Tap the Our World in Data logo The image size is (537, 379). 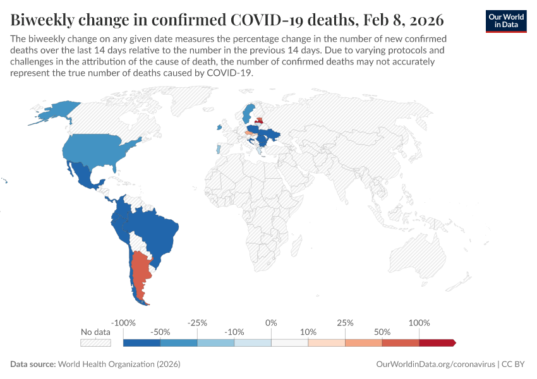(505, 20)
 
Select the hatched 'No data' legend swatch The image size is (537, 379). (95, 343)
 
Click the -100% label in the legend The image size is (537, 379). (123, 323)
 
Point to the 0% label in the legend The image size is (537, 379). (271, 323)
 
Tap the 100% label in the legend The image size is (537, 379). (419, 323)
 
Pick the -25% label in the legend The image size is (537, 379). (197, 323)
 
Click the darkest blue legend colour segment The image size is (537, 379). (142, 343)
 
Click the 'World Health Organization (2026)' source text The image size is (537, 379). (119, 364)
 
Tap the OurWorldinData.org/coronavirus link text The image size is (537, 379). (435, 364)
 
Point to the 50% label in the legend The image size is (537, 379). (382, 332)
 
